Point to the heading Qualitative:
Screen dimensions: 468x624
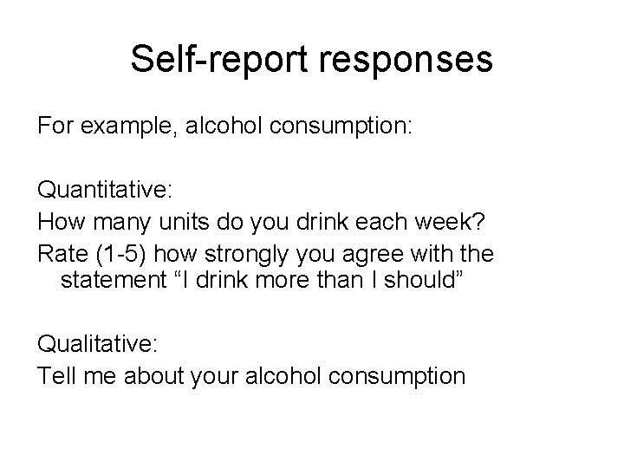coord(97,345)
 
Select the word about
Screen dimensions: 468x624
coord(149,376)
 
